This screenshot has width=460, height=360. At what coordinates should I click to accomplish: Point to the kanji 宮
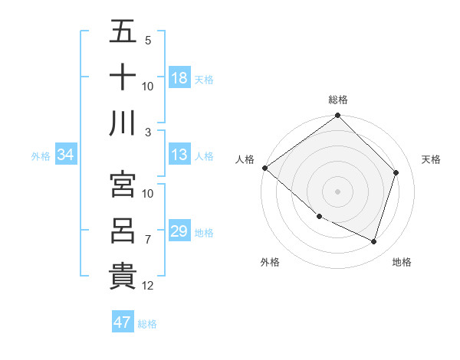point(123,185)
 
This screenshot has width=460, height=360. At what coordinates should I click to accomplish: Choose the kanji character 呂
point(123,231)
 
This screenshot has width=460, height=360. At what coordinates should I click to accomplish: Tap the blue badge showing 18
point(179,77)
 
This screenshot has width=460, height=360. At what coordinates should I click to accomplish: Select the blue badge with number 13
point(179,155)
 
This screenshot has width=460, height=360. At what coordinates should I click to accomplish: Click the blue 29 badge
point(179,231)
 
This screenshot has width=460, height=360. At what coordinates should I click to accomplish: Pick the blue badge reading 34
point(66,155)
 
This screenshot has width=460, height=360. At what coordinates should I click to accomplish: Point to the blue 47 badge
point(123,322)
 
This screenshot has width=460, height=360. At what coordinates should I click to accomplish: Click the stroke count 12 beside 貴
point(149,286)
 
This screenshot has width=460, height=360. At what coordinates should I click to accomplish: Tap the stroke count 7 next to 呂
point(149,240)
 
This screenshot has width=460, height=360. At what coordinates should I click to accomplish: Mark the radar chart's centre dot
point(337,191)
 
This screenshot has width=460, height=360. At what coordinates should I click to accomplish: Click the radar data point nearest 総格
point(337,116)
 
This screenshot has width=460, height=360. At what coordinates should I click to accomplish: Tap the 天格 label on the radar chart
point(431,159)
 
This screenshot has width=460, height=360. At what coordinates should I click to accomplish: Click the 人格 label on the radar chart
point(245,159)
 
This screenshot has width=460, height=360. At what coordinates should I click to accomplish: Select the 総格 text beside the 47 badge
point(147,324)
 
